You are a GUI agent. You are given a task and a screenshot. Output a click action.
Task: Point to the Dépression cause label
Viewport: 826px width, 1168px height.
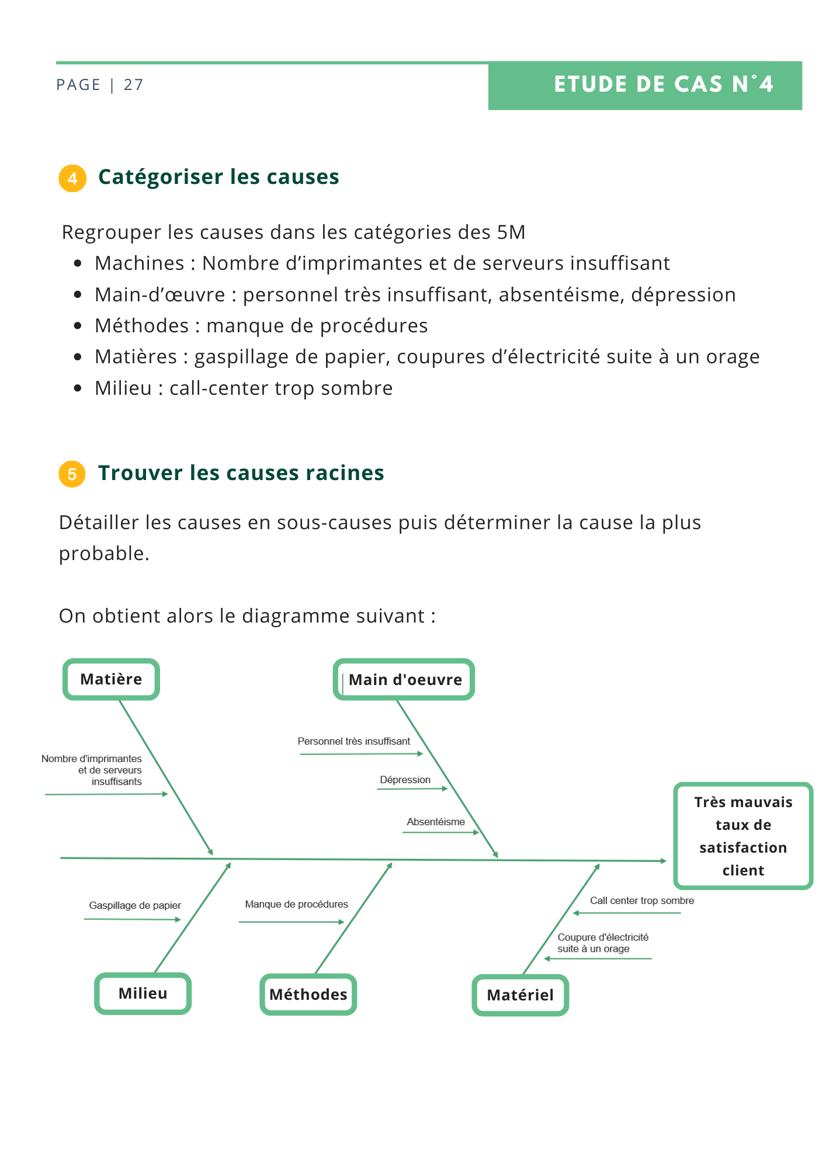pos(405,780)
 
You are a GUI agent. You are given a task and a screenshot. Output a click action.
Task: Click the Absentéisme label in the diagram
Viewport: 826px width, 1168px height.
pos(436,822)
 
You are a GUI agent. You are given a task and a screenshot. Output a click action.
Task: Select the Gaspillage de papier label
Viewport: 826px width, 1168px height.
pos(135,905)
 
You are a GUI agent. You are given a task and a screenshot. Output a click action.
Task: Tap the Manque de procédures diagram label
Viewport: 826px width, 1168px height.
pos(296,904)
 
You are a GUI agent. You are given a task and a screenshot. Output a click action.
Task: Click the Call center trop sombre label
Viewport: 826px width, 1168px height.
pos(642,901)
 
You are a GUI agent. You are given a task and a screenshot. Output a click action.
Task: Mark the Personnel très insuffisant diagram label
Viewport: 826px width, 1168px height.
pos(354,741)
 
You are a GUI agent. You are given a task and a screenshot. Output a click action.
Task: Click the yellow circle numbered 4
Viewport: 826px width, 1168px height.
pos(72,178)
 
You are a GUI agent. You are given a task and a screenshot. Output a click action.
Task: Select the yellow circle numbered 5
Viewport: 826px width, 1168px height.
pos(72,474)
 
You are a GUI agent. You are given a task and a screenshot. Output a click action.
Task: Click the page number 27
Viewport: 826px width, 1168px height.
pos(134,85)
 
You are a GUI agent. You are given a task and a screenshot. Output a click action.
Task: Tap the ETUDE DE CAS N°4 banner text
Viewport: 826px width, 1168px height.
pos(664,84)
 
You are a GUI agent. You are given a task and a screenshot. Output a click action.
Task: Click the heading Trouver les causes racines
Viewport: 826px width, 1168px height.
pos(241,473)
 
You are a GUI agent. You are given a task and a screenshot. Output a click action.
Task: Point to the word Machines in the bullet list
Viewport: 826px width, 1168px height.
pos(140,263)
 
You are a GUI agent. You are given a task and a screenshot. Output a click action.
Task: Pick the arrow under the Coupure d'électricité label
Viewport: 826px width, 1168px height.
pos(598,959)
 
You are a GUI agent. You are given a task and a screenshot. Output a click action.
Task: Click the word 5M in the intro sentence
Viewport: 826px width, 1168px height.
pos(511,232)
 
